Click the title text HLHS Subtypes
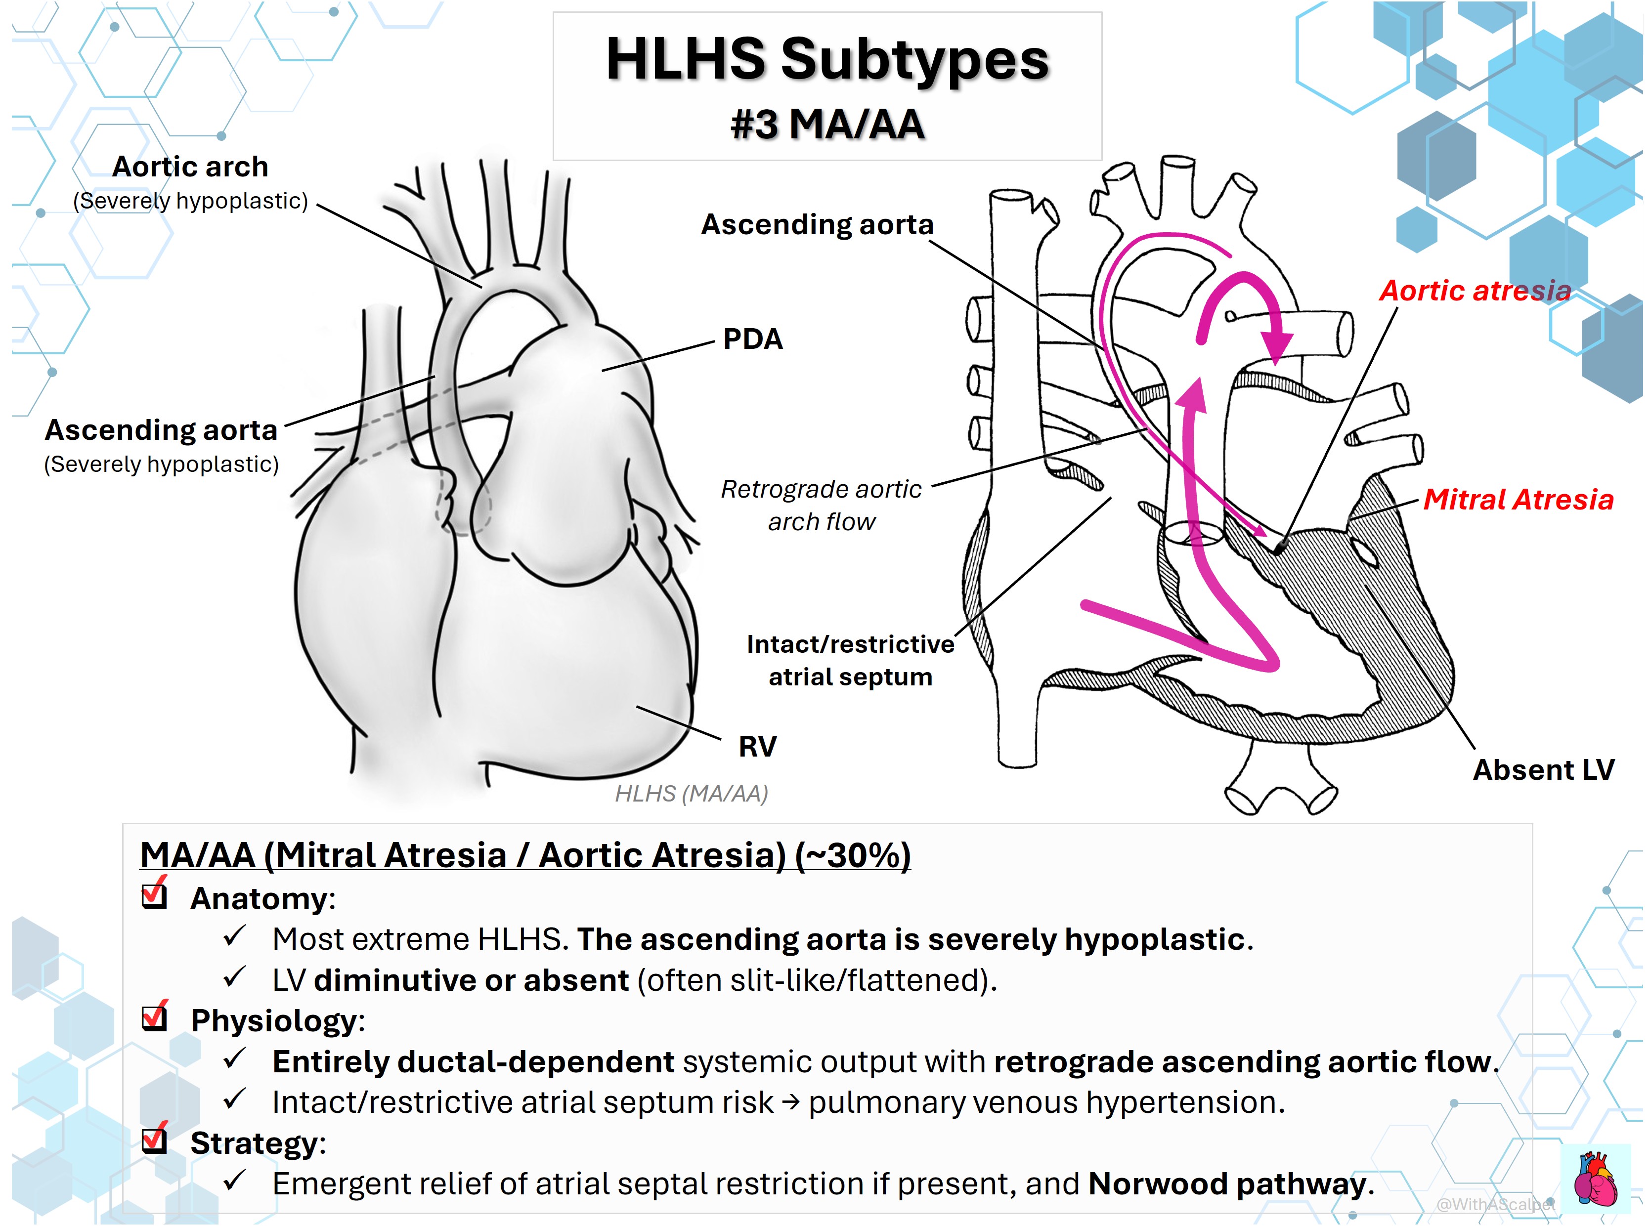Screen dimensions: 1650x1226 point(827,61)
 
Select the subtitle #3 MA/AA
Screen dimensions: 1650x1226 point(827,124)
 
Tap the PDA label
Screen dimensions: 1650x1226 point(753,339)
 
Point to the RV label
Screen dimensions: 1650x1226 point(757,746)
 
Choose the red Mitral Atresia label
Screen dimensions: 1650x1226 point(1518,500)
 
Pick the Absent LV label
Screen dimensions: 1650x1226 point(1543,769)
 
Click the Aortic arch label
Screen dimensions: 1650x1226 point(190,167)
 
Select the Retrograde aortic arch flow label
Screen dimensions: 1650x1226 point(821,506)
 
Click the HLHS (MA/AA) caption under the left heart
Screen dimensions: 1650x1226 point(691,794)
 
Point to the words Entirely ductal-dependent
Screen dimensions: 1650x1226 point(474,1062)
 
